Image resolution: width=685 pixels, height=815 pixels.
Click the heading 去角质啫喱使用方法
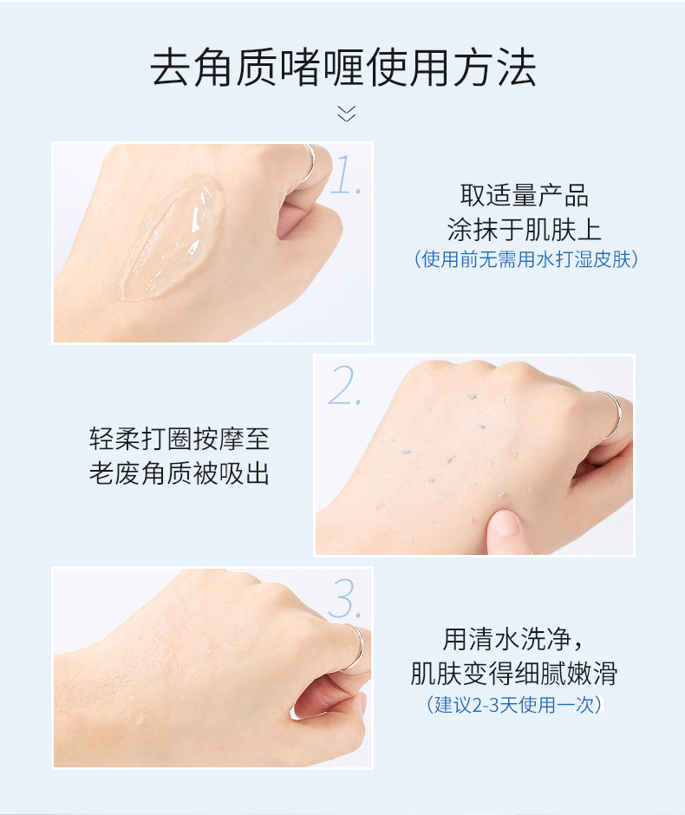(343, 68)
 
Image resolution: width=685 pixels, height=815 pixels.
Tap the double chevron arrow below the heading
(346, 114)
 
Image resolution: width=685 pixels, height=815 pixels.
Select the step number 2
(344, 385)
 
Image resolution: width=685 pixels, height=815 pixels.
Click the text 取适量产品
(524, 195)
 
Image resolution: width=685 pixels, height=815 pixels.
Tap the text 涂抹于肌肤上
(524, 229)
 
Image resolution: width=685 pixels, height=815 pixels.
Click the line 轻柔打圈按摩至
(179, 439)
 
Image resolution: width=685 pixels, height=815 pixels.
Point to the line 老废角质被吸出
(179, 473)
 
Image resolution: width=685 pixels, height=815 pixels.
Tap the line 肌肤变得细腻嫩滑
(513, 674)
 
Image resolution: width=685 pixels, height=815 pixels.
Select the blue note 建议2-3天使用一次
(513, 705)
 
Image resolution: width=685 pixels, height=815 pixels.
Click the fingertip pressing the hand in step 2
(503, 523)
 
